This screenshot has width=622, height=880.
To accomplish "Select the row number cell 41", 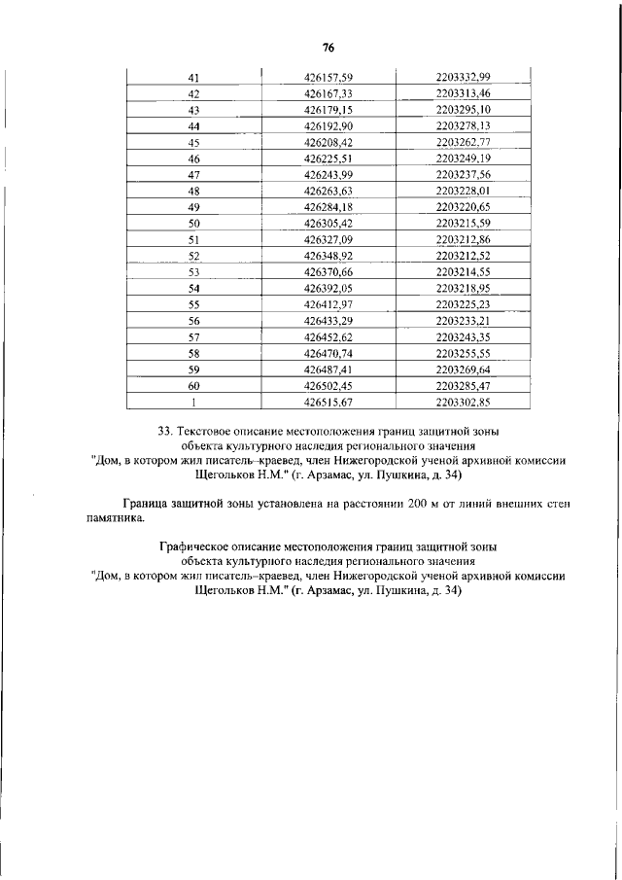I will click(193, 77).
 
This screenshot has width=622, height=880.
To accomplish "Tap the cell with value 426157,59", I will click(328, 77).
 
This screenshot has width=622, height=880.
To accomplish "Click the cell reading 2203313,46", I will click(464, 93).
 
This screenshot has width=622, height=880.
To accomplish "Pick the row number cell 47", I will click(193, 174).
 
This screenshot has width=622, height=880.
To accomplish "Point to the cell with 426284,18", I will click(328, 207).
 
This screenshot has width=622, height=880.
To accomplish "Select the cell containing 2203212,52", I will click(464, 256).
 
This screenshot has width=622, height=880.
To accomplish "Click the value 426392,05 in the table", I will click(328, 289).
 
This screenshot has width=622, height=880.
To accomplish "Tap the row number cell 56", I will click(193, 321).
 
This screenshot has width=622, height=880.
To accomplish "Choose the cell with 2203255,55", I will click(464, 354).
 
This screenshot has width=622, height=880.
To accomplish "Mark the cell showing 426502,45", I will click(328, 386).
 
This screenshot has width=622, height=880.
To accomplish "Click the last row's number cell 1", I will click(193, 403).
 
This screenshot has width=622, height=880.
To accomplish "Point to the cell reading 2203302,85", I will click(464, 403).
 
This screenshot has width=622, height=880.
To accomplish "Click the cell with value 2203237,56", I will click(464, 174).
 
